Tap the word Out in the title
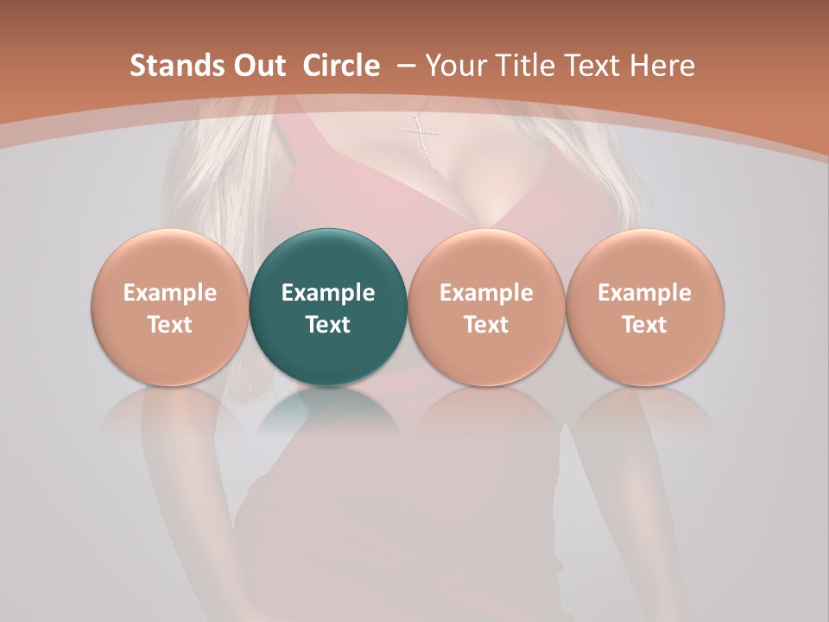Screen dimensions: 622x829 [257, 66]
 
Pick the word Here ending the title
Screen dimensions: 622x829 [664, 66]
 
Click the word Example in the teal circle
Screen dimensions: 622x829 [328, 293]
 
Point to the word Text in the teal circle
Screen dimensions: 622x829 [328, 325]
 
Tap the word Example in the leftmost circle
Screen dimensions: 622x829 [170, 293]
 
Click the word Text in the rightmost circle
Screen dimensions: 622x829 [644, 325]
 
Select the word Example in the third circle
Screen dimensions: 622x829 [486, 293]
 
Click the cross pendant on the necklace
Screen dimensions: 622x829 [421, 136]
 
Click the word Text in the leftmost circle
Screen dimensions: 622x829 [170, 325]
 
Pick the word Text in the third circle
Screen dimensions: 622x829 [486, 325]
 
